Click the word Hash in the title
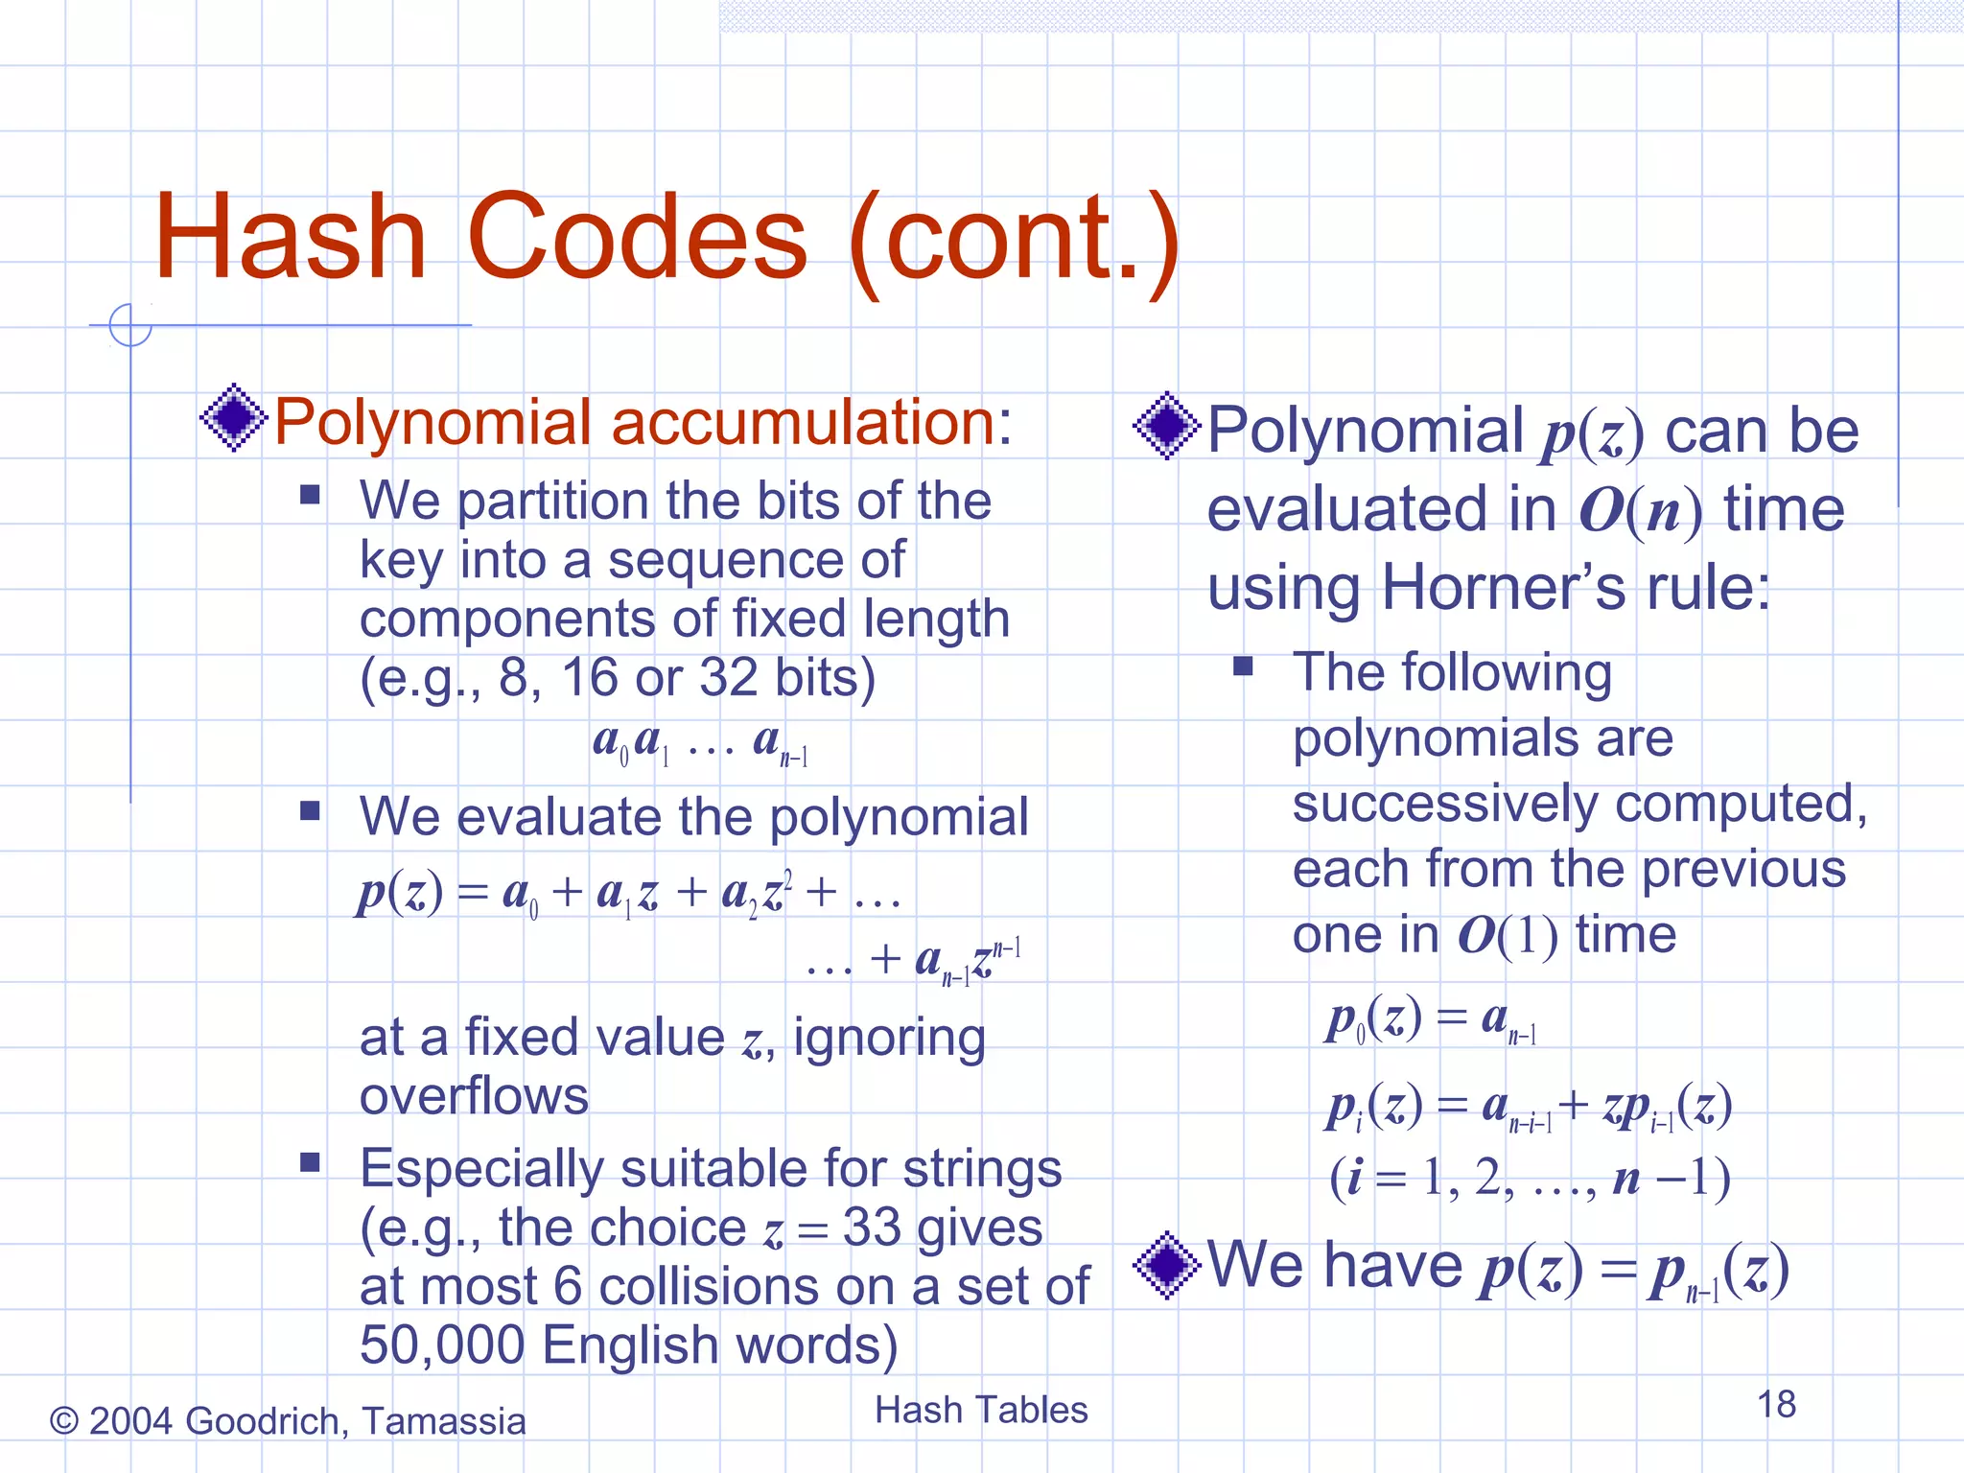[290, 238]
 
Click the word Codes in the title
[637, 238]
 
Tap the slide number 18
[1776, 1405]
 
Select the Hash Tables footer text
[981, 1411]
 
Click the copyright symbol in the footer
[63, 1421]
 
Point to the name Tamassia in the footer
[444, 1421]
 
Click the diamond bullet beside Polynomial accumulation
[233, 418]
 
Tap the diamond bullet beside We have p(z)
[1166, 1265]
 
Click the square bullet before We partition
[309, 495]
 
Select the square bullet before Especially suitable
[309, 1163]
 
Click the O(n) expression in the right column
[1640, 510]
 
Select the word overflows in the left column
[474, 1096]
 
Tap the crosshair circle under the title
[130, 325]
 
